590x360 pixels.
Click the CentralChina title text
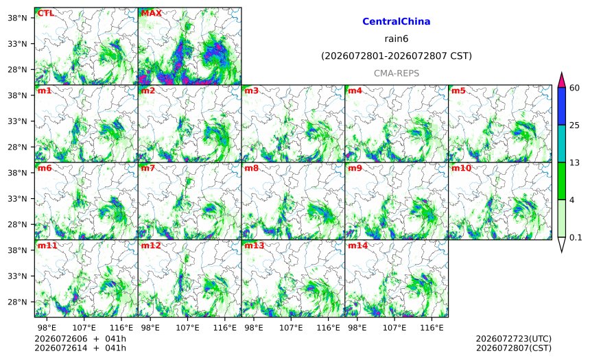[397, 21]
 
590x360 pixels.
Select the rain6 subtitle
[397, 39]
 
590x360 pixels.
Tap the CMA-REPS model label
[397, 73]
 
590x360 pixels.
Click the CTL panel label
[45, 13]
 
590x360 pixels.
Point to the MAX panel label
[151, 13]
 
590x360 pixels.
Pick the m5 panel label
[458, 91]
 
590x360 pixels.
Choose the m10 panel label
[461, 168]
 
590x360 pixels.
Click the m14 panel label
[357, 245]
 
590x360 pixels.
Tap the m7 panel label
[148, 168]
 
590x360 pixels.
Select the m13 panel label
[255, 245]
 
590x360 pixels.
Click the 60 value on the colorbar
[574, 88]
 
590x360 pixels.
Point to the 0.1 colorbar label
[576, 237]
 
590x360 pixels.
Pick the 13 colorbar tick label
[574, 163]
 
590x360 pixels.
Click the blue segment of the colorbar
[561, 106]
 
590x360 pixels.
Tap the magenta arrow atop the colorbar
[561, 80]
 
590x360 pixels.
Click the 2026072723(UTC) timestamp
[514, 339]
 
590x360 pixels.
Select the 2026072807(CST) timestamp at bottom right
[514, 348]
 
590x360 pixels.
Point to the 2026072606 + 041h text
[80, 339]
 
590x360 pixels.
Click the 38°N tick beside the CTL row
[17, 18]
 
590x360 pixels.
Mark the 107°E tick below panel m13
[291, 328]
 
